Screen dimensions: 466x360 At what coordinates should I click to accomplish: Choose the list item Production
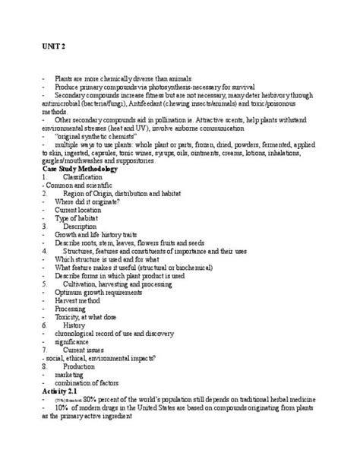[x=79, y=366]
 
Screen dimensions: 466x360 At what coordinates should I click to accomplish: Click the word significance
[x=74, y=341]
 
